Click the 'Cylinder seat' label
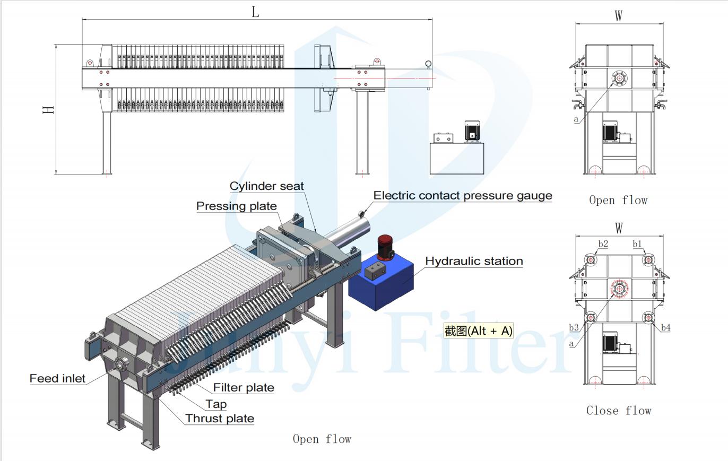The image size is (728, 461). point(266,186)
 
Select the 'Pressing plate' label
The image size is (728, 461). point(236,206)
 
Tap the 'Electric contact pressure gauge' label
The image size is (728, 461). point(463,196)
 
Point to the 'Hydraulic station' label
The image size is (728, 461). point(474,261)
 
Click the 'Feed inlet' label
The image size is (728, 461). point(57,378)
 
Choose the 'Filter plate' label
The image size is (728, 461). point(244,388)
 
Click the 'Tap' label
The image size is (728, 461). point(216,404)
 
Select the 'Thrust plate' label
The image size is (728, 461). point(220,419)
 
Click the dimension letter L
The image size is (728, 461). point(255,12)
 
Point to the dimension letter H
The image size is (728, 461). point(48,110)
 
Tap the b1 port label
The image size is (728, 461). point(637,243)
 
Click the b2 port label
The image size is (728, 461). point(603,243)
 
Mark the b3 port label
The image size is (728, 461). point(574,327)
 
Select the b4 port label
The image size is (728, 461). point(665,327)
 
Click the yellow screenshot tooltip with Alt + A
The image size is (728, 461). point(479,331)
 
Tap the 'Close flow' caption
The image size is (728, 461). point(619,411)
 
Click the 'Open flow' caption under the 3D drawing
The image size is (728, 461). point(322,439)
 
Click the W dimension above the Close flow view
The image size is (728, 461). point(619,228)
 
